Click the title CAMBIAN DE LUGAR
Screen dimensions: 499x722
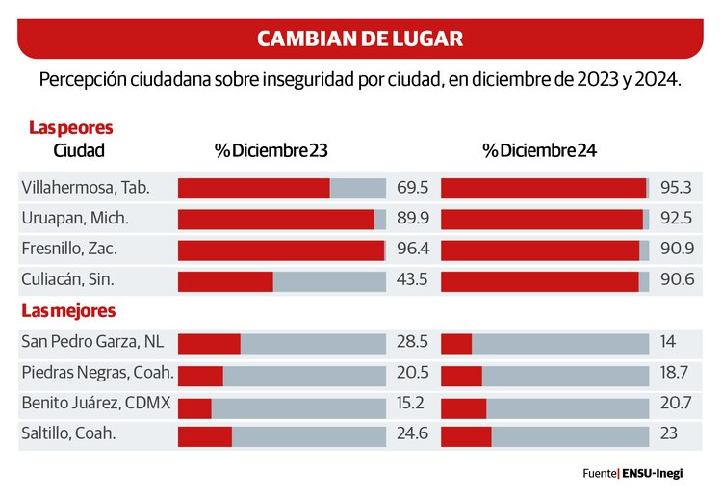tap(360, 39)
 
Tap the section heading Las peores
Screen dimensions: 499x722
tap(70, 127)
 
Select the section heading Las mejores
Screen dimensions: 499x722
tap(68, 311)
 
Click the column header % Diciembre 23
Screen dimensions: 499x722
tap(271, 151)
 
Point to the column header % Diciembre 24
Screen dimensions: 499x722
tap(540, 151)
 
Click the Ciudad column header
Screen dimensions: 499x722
tap(79, 151)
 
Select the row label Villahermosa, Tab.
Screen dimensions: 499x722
tap(86, 188)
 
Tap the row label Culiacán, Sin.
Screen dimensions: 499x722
tap(67, 280)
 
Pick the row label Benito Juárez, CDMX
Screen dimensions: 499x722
tap(96, 404)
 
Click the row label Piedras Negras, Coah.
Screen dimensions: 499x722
tap(97, 373)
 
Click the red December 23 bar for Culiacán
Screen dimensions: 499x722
tap(225, 281)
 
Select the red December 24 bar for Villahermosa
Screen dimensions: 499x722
tap(543, 189)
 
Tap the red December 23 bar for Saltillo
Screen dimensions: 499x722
tap(204, 435)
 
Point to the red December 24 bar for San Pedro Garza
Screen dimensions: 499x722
tap(456, 343)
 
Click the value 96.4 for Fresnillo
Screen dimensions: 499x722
tap(412, 249)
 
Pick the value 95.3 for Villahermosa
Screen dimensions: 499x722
tap(676, 188)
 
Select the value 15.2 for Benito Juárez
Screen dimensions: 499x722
tap(412, 404)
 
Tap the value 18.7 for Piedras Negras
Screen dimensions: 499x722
tap(676, 373)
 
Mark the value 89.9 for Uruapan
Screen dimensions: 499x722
tap(412, 219)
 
